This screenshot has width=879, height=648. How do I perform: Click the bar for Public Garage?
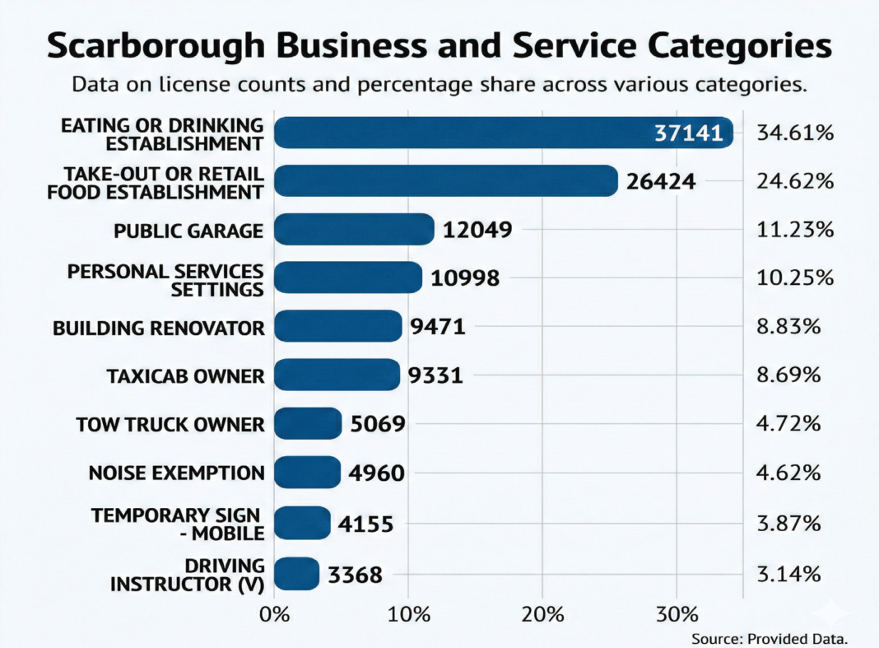click(x=354, y=229)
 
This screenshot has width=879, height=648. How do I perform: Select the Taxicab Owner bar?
click(x=337, y=375)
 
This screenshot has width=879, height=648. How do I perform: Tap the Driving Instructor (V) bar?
click(x=296, y=574)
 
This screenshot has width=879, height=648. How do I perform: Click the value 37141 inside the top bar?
click(x=688, y=133)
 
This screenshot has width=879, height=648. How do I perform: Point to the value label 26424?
click(x=660, y=181)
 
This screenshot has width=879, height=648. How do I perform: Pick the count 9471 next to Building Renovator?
click(x=438, y=327)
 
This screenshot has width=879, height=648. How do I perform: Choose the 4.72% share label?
click(x=788, y=424)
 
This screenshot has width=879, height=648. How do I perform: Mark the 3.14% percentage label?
click(x=788, y=573)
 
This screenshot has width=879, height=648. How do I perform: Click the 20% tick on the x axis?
click(x=542, y=614)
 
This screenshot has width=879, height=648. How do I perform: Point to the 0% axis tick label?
click(x=273, y=614)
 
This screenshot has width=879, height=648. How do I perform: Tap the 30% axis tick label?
click(x=677, y=614)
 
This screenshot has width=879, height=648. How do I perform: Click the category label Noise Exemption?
click(x=176, y=473)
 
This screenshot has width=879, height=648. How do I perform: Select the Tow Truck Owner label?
click(x=170, y=425)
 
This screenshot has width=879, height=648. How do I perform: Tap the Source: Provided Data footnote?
click(x=770, y=638)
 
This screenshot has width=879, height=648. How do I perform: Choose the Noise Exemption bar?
click(x=307, y=473)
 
